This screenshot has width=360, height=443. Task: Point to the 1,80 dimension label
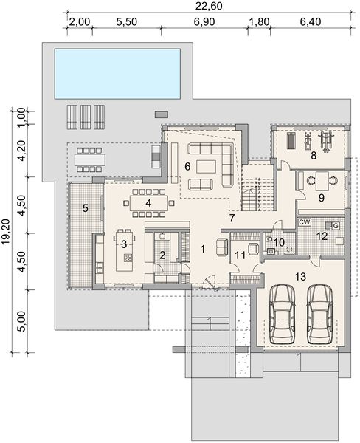[x=259, y=23]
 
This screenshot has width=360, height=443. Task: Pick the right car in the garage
[x=319, y=312]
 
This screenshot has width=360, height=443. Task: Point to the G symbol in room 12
[x=335, y=225]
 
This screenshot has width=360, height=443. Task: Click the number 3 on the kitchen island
[x=125, y=243]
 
